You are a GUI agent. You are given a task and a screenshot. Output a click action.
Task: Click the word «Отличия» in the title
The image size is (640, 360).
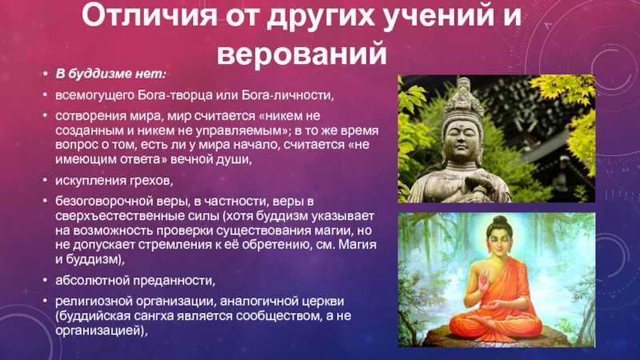coord(150,15)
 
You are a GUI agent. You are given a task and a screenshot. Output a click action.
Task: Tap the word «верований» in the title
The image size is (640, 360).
coord(302,53)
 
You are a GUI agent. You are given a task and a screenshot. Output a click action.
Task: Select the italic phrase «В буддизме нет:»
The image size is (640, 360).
coord(110,74)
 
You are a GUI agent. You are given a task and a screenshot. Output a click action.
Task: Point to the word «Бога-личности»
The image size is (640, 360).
coord(287,95)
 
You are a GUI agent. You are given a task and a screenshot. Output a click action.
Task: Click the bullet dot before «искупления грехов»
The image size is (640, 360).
coord(46,181)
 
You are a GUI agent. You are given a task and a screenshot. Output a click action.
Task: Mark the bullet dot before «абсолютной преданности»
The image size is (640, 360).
coord(46,281)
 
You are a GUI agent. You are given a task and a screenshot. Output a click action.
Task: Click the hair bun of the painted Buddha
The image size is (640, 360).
coord(499,222)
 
